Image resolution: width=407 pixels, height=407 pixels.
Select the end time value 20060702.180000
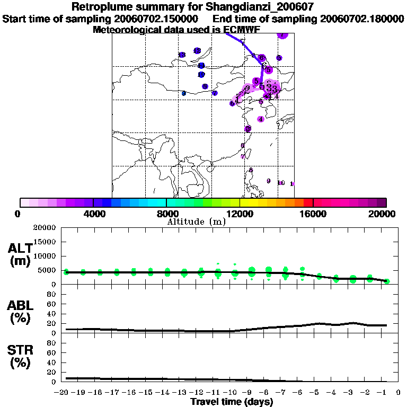click(362, 19)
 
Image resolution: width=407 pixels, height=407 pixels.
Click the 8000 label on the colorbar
click(166, 214)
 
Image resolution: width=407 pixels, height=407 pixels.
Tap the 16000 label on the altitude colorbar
click(314, 214)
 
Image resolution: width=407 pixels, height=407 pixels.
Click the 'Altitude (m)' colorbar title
click(196, 222)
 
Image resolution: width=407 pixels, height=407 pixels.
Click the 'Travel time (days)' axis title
click(232, 402)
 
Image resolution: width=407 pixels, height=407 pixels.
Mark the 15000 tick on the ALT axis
click(46, 242)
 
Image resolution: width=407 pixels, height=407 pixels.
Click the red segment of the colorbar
click(308, 202)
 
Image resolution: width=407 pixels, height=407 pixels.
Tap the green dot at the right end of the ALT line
click(387, 281)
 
